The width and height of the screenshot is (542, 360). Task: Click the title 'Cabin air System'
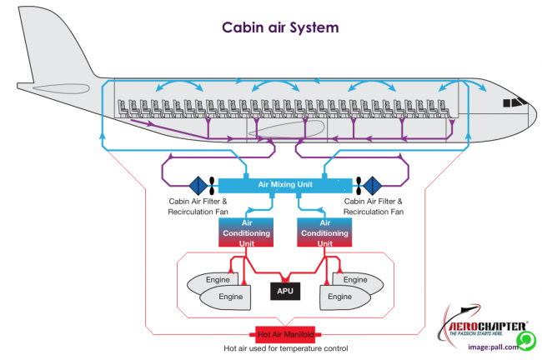[279, 27]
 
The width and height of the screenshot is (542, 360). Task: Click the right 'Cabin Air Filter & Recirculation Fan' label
[374, 206]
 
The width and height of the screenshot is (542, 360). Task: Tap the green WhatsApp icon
[525, 341]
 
